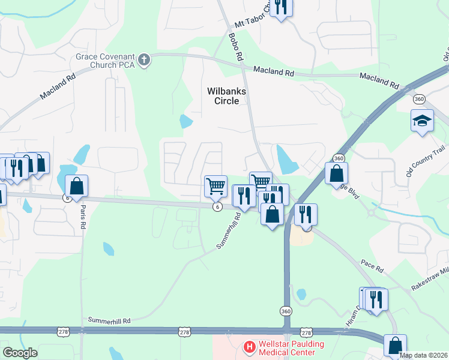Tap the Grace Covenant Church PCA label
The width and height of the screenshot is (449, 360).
[104, 61]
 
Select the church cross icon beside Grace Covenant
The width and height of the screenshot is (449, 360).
[143, 59]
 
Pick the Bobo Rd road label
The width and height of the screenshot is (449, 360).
[235, 46]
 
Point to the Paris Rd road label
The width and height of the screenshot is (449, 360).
[83, 217]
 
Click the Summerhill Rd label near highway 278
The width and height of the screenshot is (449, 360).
[109, 321]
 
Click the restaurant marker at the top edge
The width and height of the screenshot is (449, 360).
[281, 7]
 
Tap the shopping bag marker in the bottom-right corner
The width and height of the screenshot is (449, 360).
[394, 346]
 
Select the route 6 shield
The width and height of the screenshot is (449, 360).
[217, 206]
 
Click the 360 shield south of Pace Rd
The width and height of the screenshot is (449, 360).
[286, 311]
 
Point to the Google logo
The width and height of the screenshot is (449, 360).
[20, 353]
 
